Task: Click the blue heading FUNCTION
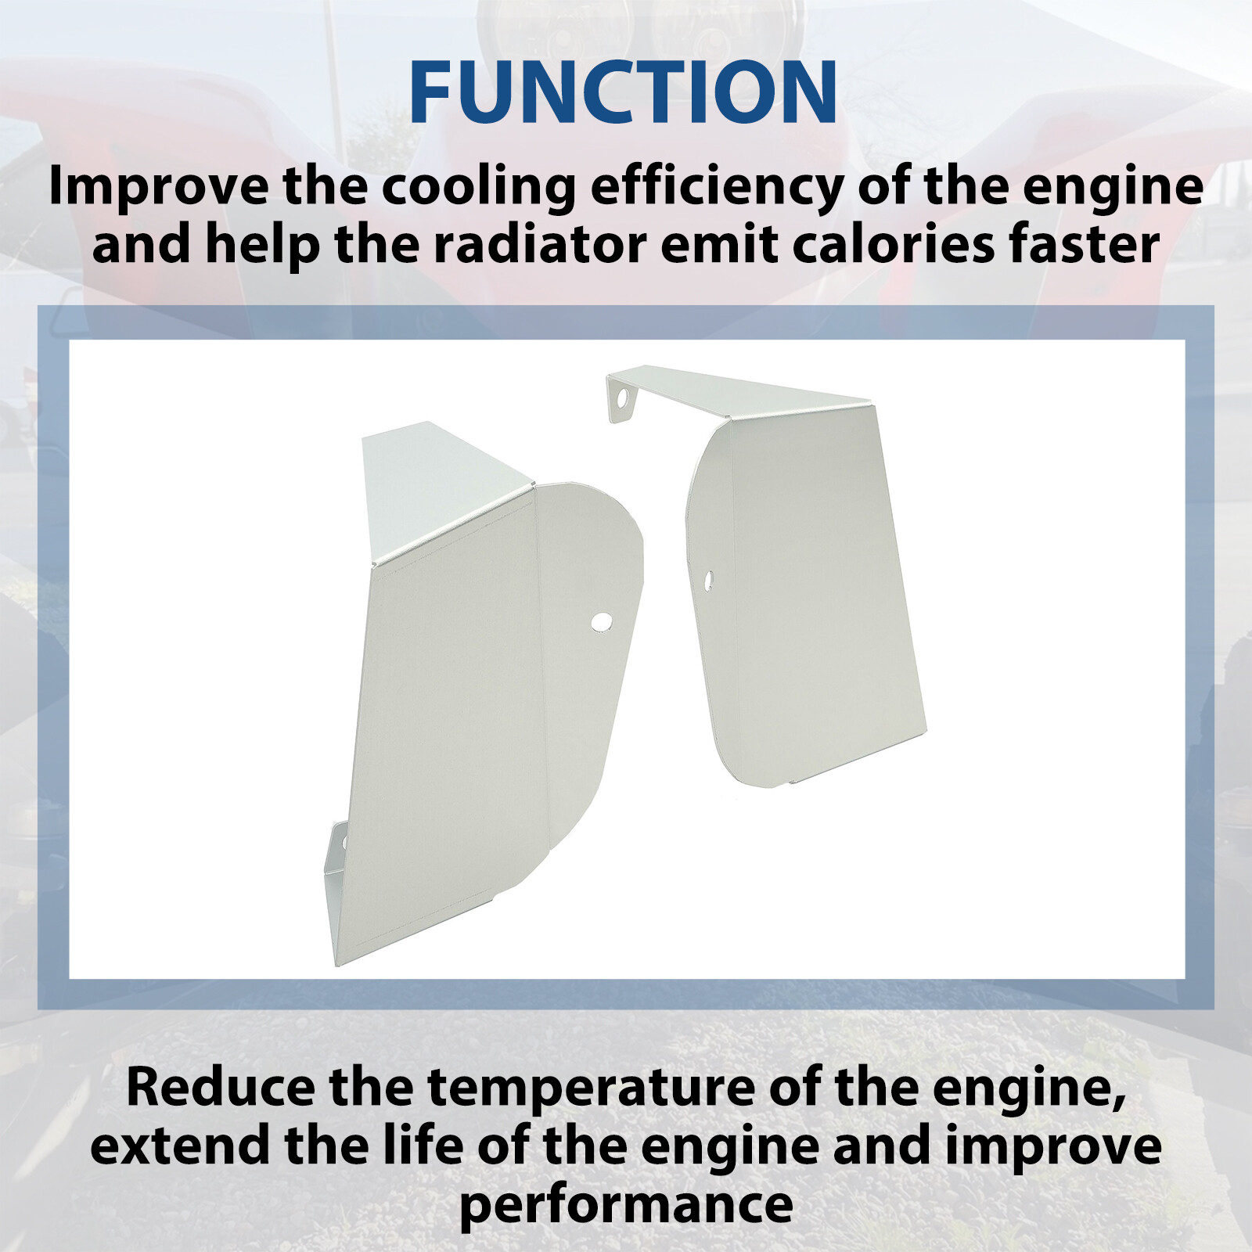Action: (623, 92)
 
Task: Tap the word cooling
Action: (477, 189)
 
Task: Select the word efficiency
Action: (715, 189)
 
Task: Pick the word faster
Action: (1085, 244)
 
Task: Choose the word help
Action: (264, 246)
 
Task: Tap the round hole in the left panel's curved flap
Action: (601, 622)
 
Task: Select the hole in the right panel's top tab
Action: (623, 400)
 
